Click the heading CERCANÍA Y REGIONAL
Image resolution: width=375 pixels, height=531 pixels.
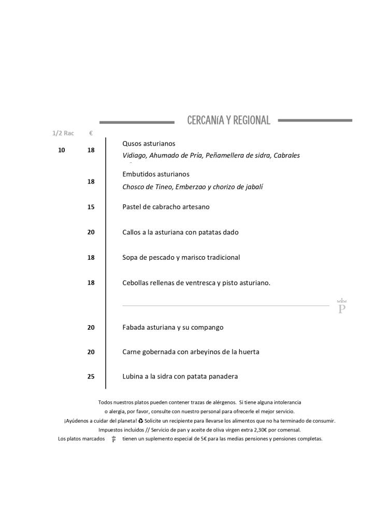click(228, 121)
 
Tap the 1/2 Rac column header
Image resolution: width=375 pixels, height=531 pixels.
click(63, 133)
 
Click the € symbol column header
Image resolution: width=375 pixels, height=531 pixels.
click(91, 133)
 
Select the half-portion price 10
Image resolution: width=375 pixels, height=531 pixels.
click(62, 150)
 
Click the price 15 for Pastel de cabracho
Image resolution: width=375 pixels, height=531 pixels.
click(91, 207)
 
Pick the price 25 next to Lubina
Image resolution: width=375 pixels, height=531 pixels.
click(91, 377)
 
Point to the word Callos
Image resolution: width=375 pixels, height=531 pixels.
click(132, 232)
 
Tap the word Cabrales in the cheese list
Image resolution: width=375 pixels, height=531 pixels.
click(287, 156)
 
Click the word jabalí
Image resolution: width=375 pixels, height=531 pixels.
click(252, 187)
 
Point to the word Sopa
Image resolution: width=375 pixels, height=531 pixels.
click(131, 257)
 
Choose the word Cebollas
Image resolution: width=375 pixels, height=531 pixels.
click(137, 283)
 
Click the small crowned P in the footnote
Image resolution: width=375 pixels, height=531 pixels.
click(113, 439)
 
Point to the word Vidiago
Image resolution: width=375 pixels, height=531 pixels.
click(134, 156)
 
